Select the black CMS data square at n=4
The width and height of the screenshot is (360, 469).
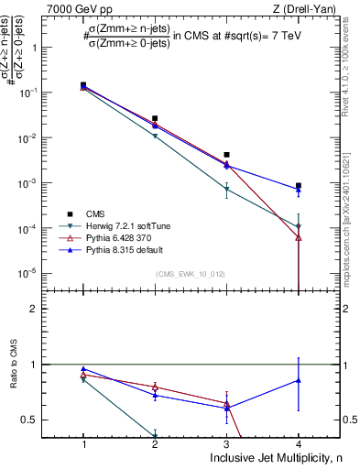click(299, 186)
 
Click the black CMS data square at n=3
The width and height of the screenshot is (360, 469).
click(227, 155)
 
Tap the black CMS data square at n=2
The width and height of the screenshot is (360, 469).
click(155, 118)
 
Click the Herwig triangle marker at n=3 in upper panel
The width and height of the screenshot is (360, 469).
click(227, 190)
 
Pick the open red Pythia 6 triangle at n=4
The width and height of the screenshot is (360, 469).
click(299, 237)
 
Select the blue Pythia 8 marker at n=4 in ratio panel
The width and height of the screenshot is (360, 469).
click(299, 379)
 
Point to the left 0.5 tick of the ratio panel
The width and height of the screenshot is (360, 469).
click(42, 420)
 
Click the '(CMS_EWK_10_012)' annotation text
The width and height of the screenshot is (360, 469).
click(191, 274)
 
